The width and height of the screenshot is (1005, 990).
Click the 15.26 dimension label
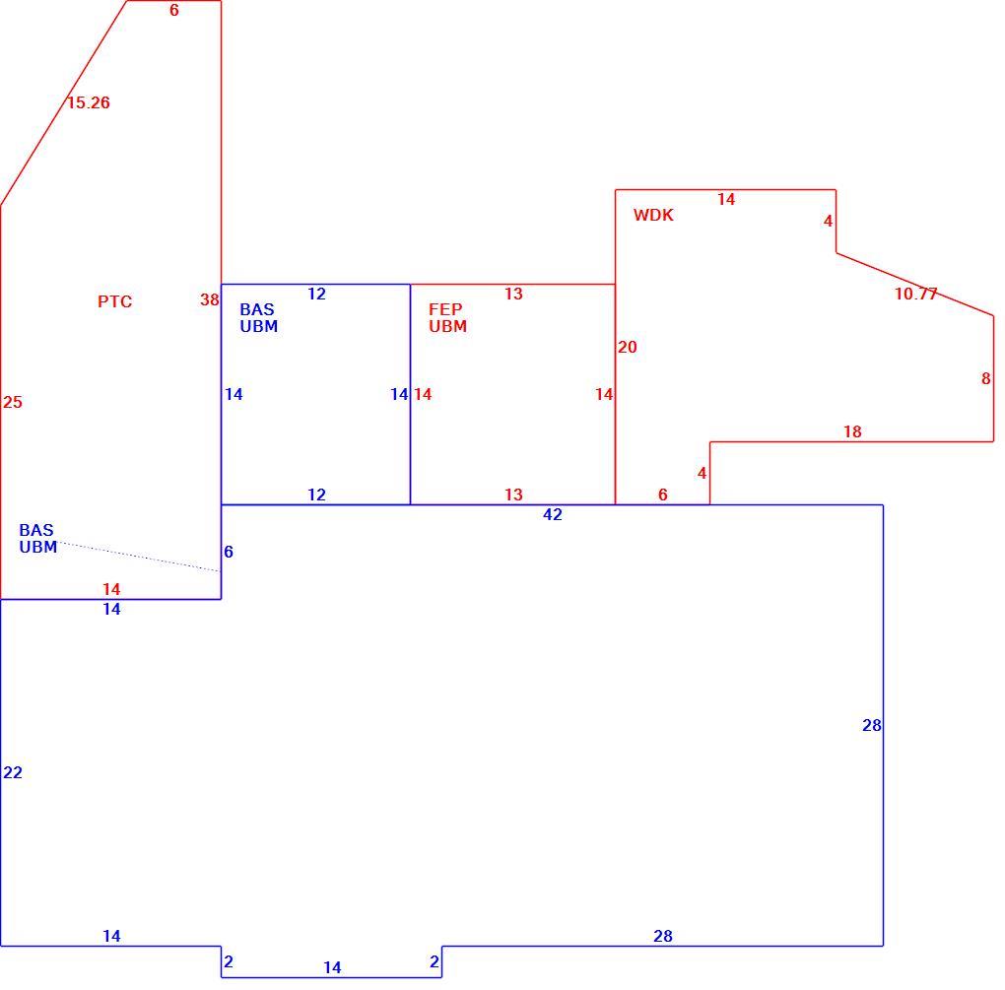(89, 102)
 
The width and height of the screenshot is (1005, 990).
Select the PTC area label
(114, 301)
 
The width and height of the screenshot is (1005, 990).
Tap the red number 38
(210, 299)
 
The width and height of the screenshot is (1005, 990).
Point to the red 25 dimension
(13, 403)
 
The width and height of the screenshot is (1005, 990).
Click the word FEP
(445, 309)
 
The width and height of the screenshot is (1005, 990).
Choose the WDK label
(654, 216)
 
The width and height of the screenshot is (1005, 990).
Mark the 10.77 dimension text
(916, 295)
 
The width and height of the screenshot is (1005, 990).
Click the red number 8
(985, 378)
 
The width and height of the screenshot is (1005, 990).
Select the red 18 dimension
(852, 431)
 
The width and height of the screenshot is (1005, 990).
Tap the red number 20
(628, 348)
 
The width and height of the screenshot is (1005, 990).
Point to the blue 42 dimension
(553, 514)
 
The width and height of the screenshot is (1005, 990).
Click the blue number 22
(13, 772)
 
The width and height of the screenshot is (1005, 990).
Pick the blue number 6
(229, 552)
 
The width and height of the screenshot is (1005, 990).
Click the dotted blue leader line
(139, 557)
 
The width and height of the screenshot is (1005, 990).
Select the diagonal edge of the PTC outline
(63, 102)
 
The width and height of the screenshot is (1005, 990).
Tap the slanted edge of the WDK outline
(914, 284)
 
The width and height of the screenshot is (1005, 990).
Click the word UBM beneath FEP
(448, 326)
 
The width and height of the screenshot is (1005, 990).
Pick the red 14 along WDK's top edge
(726, 199)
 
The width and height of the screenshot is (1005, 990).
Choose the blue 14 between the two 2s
(332, 967)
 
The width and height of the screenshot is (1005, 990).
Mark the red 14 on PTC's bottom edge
(111, 589)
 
